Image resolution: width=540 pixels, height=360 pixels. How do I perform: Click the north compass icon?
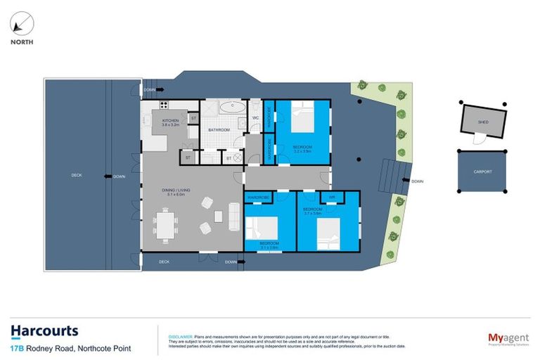pyautogui.click(x=22, y=25)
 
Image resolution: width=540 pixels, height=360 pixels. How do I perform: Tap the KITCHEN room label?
pyautogui.click(x=171, y=121)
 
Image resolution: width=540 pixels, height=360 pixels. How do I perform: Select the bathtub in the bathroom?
pyautogui.click(x=230, y=108)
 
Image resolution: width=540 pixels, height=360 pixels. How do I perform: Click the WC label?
pyautogui.click(x=256, y=117)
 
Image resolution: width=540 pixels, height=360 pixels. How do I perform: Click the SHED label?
pyautogui.click(x=482, y=122)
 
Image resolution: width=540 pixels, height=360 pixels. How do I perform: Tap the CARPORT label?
pyautogui.click(x=482, y=172)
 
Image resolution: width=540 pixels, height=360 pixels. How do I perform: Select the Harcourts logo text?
pyautogui.click(x=44, y=331)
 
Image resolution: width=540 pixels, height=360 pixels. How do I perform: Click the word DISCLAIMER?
pyautogui.click(x=174, y=328)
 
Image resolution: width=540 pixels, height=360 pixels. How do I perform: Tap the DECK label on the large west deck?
pyautogui.click(x=77, y=176)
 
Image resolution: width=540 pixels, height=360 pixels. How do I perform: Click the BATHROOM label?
pyautogui.click(x=219, y=131)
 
